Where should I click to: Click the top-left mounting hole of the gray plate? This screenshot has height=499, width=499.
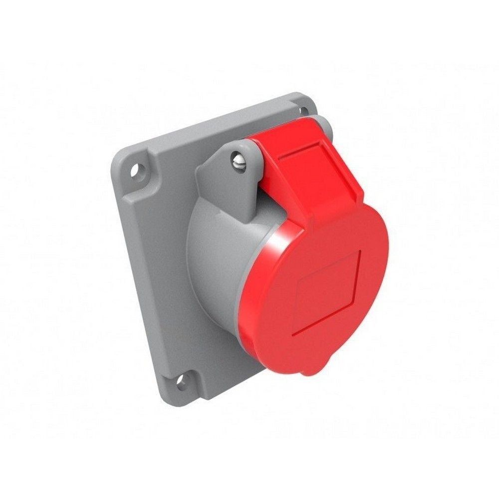coord(135,171)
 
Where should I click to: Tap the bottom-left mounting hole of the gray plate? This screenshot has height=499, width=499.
coord(181,382)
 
